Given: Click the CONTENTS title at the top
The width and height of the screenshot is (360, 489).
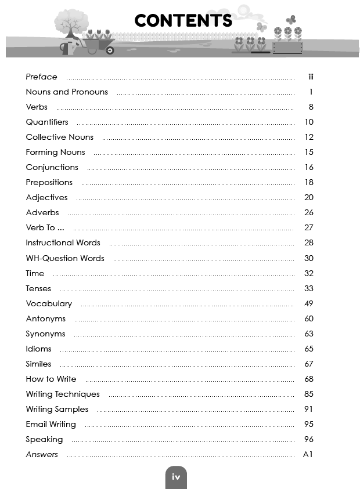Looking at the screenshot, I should (x=183, y=21).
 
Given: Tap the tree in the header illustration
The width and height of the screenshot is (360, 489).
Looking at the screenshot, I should (x=71, y=26).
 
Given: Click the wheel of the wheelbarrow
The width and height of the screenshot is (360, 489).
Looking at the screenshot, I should (x=109, y=50).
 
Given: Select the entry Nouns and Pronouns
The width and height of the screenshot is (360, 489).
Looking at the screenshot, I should (x=67, y=92).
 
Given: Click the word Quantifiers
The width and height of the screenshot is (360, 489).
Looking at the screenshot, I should (x=47, y=122).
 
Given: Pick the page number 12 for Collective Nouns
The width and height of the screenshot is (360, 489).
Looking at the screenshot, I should (x=309, y=137).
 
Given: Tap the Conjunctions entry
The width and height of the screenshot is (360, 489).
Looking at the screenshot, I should (x=52, y=167).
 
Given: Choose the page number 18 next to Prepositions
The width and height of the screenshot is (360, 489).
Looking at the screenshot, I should (x=309, y=182).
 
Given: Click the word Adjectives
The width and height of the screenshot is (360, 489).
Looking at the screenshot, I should (x=46, y=197).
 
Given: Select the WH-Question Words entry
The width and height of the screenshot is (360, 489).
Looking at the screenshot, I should (x=65, y=258).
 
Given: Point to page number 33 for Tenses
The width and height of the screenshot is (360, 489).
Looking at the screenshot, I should (x=309, y=288).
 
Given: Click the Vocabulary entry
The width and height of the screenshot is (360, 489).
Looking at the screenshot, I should (x=49, y=303).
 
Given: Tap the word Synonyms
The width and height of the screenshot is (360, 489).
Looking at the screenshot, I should (x=45, y=334).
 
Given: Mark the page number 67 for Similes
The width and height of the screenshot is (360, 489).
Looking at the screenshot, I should (x=309, y=364).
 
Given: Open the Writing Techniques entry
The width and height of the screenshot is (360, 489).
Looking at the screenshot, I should (x=63, y=394).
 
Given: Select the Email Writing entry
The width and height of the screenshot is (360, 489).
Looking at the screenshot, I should (x=51, y=424).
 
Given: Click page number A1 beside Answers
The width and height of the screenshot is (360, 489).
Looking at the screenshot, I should (x=308, y=454).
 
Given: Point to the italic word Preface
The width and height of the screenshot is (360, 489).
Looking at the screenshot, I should (x=41, y=77).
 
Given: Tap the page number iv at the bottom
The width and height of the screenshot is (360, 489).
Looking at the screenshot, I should (x=176, y=477).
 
